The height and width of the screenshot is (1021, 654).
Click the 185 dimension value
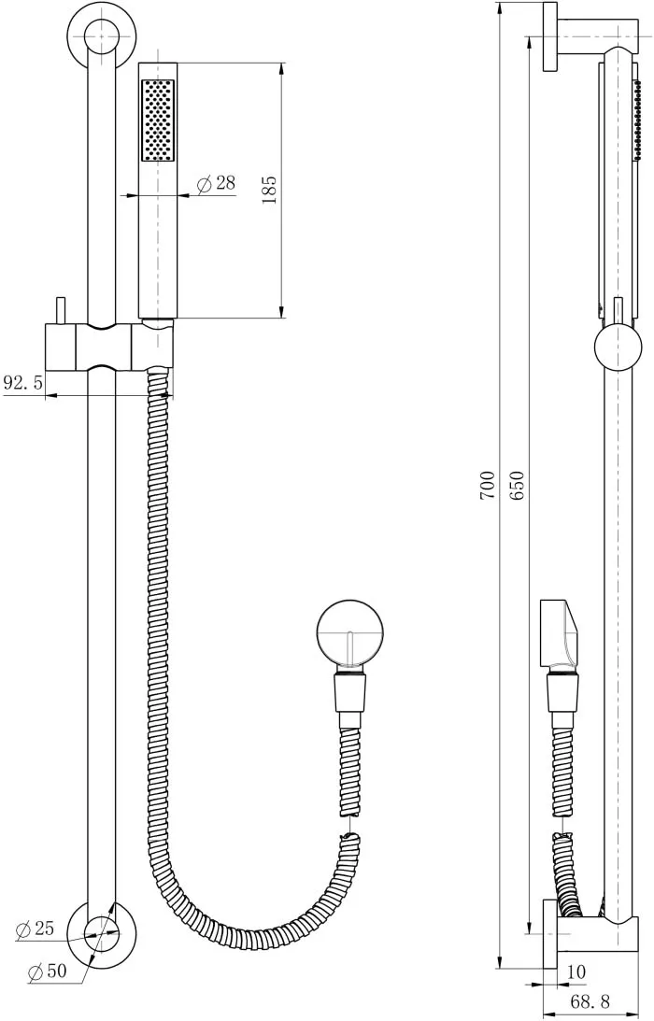269,189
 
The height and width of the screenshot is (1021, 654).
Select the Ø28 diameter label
215,183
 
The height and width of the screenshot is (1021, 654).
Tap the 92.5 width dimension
22,382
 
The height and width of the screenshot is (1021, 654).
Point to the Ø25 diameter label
35,929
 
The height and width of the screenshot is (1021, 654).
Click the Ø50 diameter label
48,971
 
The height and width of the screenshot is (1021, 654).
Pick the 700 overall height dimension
488,485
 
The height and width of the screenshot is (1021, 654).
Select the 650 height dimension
517,485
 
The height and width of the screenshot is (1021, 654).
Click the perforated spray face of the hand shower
158,121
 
